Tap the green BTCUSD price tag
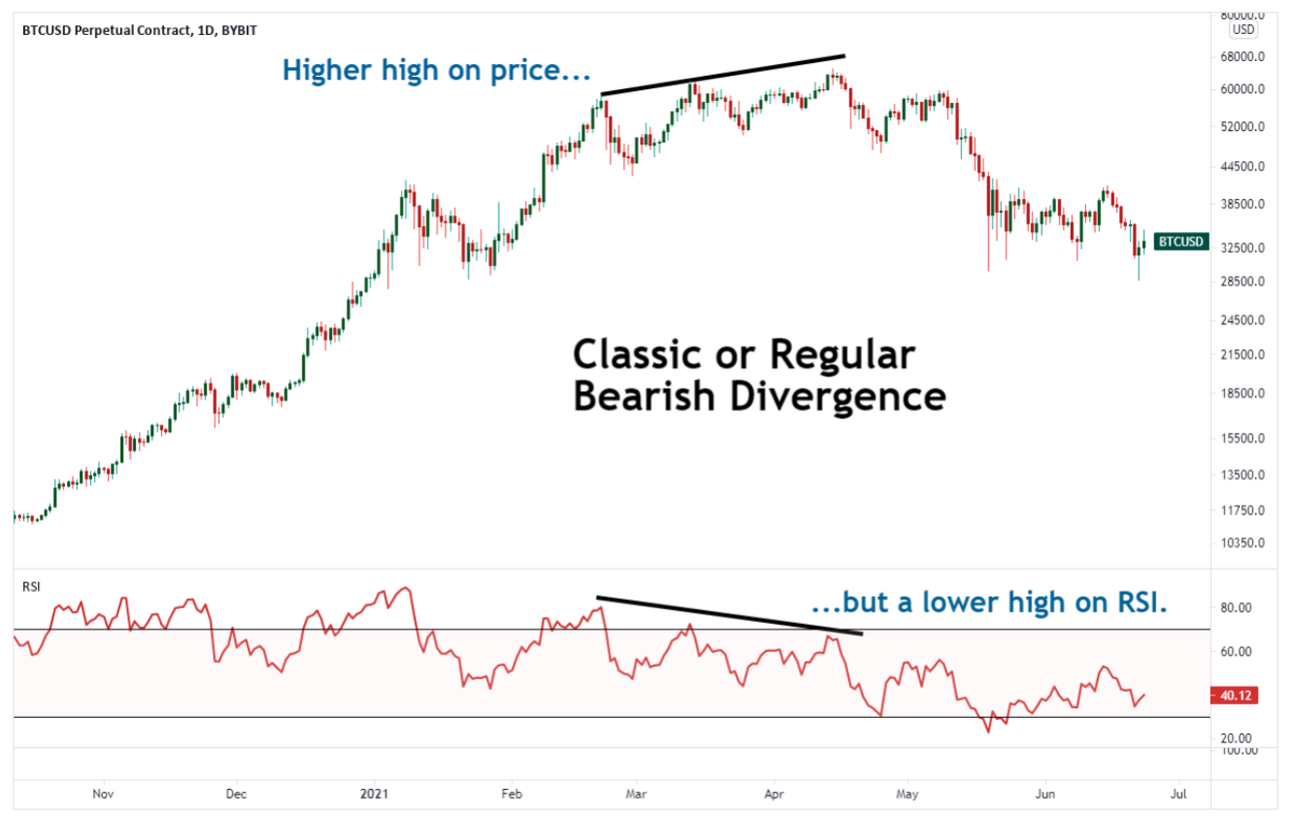(1181, 242)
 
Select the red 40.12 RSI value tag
(1235, 695)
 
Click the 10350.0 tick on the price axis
(1244, 542)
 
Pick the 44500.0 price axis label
(1244, 166)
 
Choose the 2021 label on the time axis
(374, 794)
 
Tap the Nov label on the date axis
(103, 794)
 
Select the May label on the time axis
(907, 794)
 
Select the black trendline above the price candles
(723, 75)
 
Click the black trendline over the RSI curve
(728, 615)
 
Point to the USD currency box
(1243, 30)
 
